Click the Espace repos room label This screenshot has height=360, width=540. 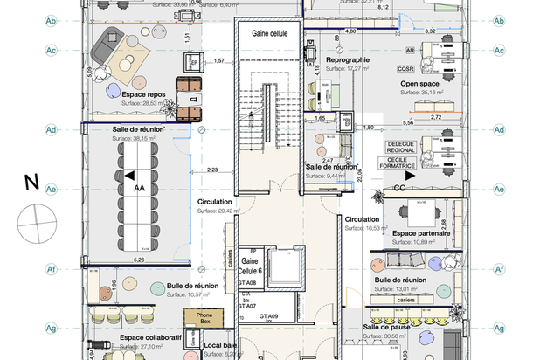tap(144, 93)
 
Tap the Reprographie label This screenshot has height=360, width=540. tap(348, 59)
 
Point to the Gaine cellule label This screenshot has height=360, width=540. tap(270, 33)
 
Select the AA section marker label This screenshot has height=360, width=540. tap(139, 187)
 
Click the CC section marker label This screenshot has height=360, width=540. tap(398, 187)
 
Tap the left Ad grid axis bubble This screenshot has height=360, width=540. tap(51, 130)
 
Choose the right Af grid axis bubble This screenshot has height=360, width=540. tap(499, 269)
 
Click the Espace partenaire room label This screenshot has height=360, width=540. tap(421, 234)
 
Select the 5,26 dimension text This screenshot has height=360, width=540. tap(138, 260)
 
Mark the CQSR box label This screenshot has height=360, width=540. tap(405, 67)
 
